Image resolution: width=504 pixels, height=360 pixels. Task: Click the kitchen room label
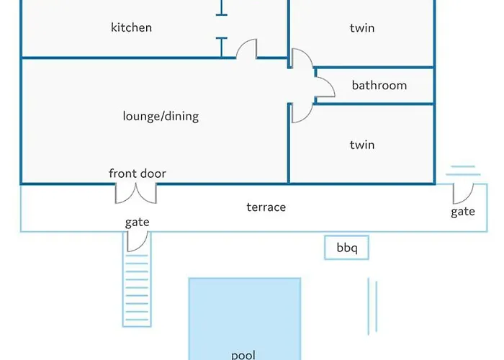point(131,28)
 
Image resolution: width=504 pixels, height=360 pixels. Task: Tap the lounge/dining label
point(161,116)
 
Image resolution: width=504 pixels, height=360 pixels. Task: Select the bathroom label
point(379,86)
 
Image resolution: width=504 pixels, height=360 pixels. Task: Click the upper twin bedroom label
point(362,28)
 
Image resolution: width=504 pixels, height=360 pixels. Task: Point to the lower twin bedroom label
point(362,145)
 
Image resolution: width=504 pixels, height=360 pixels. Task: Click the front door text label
point(138,174)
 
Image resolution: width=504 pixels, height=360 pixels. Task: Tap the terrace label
point(266,207)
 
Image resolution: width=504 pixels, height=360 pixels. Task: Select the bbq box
point(346,248)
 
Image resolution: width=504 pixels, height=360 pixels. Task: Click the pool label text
point(243,354)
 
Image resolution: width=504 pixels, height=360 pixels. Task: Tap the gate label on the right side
point(463,212)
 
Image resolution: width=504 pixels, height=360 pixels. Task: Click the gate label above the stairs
point(137,222)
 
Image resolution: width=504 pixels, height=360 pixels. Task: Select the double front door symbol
point(137,193)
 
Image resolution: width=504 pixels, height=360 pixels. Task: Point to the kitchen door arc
point(247,50)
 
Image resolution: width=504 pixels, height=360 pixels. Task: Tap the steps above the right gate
point(463,171)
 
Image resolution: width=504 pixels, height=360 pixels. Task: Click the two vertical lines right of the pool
point(372,302)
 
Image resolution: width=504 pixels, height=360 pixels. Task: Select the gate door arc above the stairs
point(137,241)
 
